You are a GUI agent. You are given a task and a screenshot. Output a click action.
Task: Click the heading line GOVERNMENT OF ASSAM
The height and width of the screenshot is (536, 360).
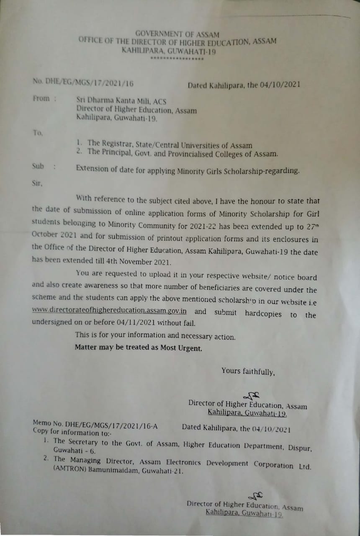point(177,34)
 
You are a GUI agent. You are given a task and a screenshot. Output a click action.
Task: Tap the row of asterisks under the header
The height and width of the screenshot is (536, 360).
point(177,59)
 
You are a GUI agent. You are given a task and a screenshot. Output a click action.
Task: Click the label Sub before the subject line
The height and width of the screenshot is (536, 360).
point(38,166)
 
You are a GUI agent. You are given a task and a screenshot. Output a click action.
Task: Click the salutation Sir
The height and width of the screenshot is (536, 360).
point(37,183)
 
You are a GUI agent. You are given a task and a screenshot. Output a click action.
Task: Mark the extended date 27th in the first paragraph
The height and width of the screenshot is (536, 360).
point(310,227)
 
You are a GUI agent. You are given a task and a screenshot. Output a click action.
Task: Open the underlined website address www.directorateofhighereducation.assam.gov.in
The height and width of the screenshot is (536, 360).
point(109,312)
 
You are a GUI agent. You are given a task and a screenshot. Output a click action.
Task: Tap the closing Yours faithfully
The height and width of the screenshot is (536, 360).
point(248,371)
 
